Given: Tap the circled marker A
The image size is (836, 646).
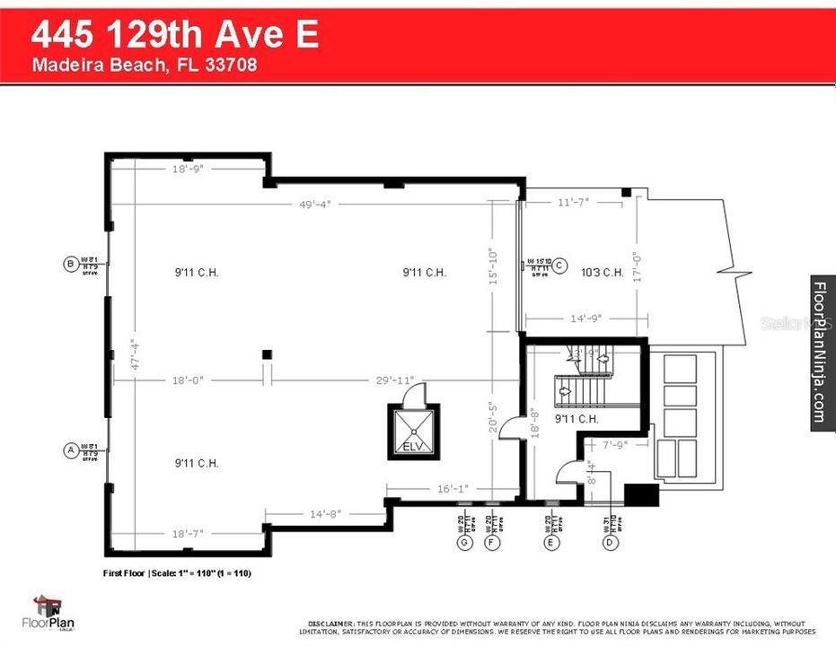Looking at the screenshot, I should click(69, 450).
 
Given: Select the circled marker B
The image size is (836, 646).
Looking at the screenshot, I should click(69, 264).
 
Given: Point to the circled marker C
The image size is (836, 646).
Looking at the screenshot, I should click(559, 265).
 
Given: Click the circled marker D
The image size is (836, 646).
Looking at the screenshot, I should click(611, 542).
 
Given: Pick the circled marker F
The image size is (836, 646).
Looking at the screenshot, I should click(491, 542).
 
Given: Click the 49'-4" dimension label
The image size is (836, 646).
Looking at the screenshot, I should click(316, 205).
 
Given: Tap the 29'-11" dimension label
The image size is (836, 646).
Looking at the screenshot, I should click(395, 380).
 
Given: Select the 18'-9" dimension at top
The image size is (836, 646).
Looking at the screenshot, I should click(189, 169).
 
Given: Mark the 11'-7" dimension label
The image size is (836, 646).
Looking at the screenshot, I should click(573, 203).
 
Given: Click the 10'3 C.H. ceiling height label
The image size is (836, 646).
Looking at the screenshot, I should click(602, 273).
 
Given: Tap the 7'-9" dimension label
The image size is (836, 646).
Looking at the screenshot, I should click(614, 444).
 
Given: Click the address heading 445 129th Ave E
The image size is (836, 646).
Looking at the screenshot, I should click(175, 36).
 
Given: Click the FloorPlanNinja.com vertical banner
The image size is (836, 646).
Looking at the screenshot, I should click(822, 353).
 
